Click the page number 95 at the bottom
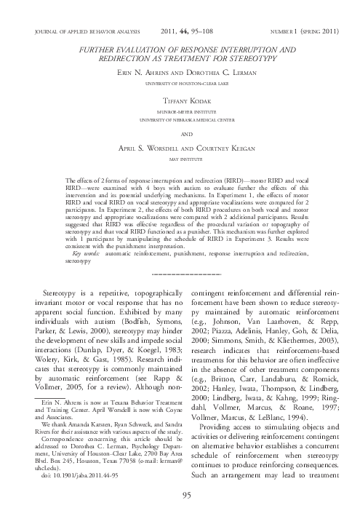click(x=180, y=496)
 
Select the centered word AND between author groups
click(x=180, y=134)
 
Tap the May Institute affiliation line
click(x=180, y=158)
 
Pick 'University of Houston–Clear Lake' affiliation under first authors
click(x=180, y=84)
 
